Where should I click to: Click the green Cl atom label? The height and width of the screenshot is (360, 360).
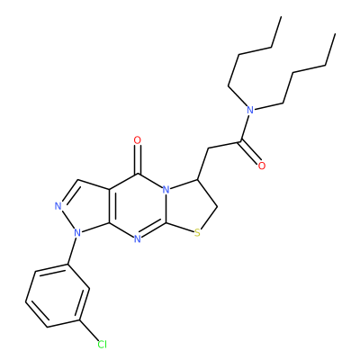coord(103,345)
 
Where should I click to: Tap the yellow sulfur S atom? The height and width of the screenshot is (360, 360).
coord(197,232)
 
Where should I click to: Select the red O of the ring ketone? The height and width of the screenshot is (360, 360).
coord(138,140)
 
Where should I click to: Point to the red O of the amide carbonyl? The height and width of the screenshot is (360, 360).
coord(262,166)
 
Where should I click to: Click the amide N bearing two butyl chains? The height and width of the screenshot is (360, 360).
coord(250,110)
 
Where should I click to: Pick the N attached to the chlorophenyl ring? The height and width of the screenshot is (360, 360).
coord(77,232)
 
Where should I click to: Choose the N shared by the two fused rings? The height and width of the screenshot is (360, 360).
coord(166,190)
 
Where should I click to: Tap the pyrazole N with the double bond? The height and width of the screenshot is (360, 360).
coord(58,206)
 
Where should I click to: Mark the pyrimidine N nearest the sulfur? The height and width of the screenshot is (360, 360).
coord(137,239)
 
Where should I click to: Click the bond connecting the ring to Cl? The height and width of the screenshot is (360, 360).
coord(89,330)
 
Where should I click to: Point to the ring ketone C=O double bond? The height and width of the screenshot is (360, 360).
coord(138,159)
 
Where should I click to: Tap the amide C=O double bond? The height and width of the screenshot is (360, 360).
coord(249,153)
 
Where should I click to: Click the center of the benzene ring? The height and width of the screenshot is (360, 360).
coord(58,295)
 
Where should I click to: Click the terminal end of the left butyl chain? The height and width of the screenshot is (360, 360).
coord(281,17)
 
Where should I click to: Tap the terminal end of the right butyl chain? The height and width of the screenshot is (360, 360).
coord(335,34)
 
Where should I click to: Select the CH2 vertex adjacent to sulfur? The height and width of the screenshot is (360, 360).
coord(217,207)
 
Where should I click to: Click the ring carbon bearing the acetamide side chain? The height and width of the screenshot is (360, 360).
coord(197,180)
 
